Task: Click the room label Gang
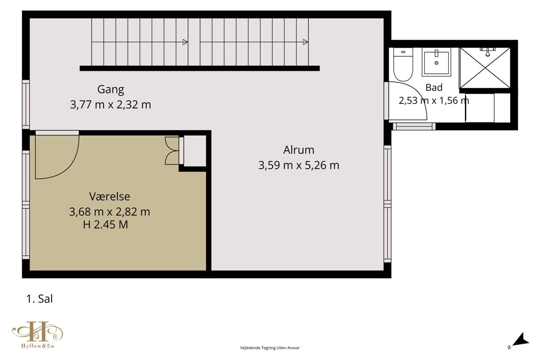pyautogui.click(x=111, y=90)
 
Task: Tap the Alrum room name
pyautogui.click(x=299, y=150)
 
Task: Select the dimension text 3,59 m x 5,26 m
pyautogui.click(x=299, y=166)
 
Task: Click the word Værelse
pyautogui.click(x=110, y=197)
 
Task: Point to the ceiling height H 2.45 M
pyautogui.click(x=105, y=225)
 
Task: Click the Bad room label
pyautogui.click(x=434, y=88)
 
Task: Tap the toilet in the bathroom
pyautogui.click(x=403, y=64)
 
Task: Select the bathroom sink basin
pyautogui.click(x=436, y=62)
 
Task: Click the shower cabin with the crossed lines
pyautogui.click(x=485, y=68)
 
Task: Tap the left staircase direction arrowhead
pyautogui.click(x=185, y=42)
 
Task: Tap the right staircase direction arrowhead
pyautogui.click(x=306, y=42)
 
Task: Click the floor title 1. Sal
pyautogui.click(x=40, y=299)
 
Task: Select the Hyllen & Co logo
pyautogui.click(x=38, y=335)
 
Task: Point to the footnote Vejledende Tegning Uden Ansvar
pyautogui.click(x=270, y=348)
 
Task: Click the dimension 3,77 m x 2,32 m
pyautogui.click(x=111, y=105)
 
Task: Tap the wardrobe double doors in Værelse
pyautogui.click(x=172, y=151)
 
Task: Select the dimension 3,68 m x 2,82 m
pyautogui.click(x=110, y=212)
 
